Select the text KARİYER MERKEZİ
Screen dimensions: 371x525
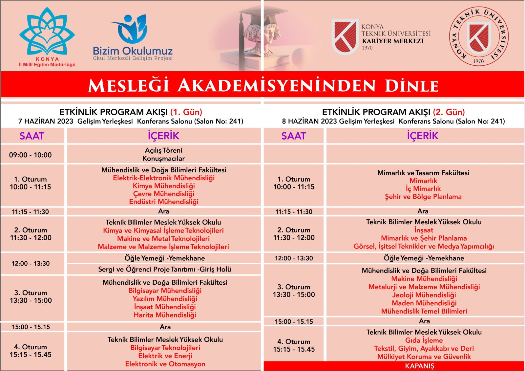(393, 41)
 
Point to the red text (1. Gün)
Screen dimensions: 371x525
(186, 112)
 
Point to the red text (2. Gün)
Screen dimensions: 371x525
(449, 112)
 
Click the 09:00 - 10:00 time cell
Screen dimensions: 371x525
(31, 155)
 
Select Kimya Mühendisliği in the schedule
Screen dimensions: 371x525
(164, 186)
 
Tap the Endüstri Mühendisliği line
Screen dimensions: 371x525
(164, 202)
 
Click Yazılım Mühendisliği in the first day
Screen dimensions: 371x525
(165, 299)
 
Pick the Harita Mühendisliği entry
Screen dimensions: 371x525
(165, 315)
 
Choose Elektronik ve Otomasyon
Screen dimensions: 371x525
(165, 364)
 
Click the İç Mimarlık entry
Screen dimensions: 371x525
(423, 189)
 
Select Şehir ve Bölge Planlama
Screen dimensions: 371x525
(423, 197)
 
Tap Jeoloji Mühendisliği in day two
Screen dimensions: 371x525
(424, 295)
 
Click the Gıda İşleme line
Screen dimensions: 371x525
(424, 340)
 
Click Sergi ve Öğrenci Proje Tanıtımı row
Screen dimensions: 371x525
(165, 270)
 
